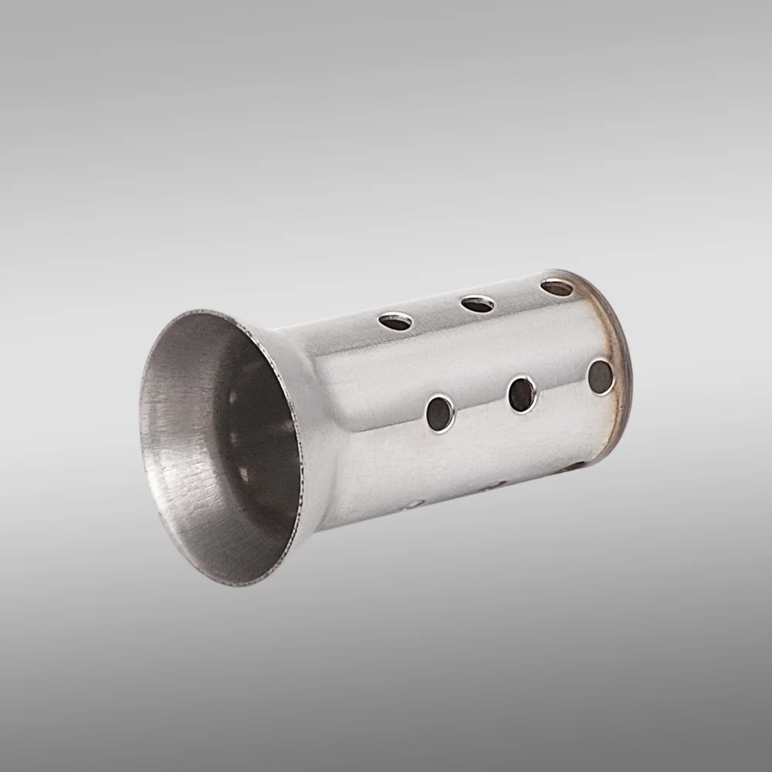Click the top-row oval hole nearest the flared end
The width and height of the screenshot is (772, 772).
(395, 321)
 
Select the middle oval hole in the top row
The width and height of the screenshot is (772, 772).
(478, 304)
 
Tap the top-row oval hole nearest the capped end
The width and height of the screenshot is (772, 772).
(557, 288)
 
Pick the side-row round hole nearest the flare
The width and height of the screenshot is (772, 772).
(440, 413)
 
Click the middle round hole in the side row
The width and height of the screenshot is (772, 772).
(522, 394)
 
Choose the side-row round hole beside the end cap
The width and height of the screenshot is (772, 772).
(600, 377)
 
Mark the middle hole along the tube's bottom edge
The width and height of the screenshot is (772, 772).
(491, 486)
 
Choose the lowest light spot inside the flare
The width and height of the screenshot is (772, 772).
(245, 474)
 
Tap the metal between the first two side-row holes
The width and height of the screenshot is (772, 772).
(481, 404)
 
